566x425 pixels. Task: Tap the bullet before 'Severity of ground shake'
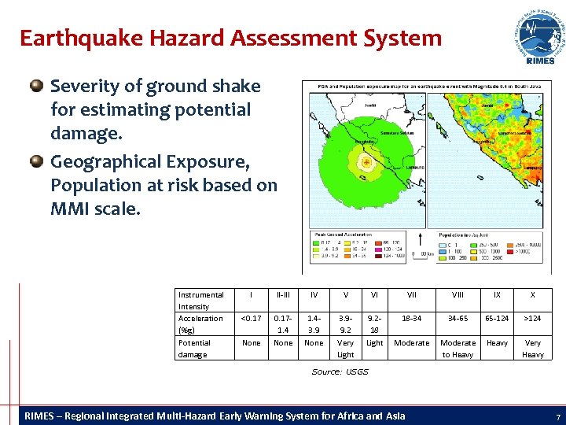[37, 86]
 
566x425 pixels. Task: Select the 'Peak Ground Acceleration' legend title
[344, 235]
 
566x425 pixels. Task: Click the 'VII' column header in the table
[412, 295]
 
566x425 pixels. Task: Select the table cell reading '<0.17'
[252, 319]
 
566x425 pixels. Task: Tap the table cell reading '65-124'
[497, 319]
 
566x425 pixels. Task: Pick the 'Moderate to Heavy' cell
[458, 349]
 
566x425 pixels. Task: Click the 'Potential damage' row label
[195, 349]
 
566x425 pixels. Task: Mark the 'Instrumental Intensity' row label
[201, 301]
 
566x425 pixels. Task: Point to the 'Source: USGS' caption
[340, 371]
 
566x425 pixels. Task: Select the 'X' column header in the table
[533, 295]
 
